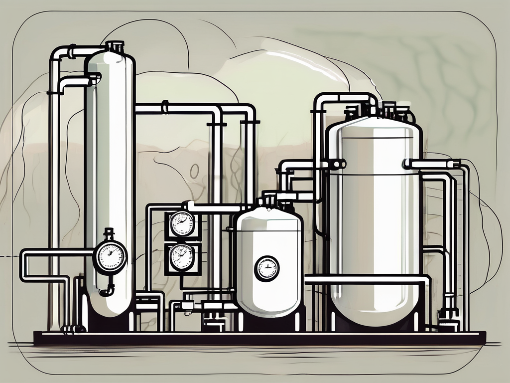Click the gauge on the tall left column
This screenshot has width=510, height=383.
[110, 257]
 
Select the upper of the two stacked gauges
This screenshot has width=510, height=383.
[182, 223]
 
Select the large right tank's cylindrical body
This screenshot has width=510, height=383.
[374, 219]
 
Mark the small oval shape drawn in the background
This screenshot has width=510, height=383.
[194, 171]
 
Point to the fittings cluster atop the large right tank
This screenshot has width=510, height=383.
[383, 112]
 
